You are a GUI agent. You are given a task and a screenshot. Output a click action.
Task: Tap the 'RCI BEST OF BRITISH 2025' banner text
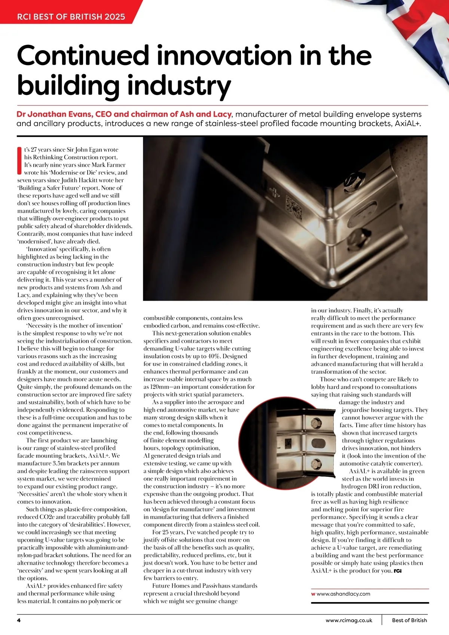click(71, 16)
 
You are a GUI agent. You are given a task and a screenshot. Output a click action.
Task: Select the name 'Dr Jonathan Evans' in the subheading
click(54, 114)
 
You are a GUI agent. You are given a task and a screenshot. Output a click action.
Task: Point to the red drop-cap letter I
click(19, 161)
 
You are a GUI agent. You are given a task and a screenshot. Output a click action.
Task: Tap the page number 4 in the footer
click(19, 620)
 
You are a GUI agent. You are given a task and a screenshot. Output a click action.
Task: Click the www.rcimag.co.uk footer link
click(349, 620)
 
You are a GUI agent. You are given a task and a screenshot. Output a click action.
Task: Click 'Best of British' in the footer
click(409, 620)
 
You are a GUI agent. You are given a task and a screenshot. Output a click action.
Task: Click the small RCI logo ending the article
click(398, 571)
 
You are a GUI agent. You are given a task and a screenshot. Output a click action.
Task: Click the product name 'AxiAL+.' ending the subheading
click(408, 123)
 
